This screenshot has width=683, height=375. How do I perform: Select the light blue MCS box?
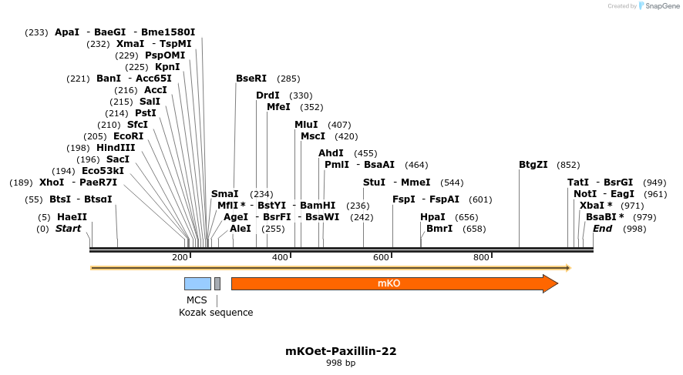[197, 283]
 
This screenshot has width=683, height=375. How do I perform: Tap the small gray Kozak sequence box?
[217, 283]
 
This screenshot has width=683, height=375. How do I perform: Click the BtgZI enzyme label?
[533, 165]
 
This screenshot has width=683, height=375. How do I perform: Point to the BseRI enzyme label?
[251, 79]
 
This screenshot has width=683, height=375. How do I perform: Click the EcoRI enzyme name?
[129, 136]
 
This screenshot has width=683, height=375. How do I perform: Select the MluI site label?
[307, 125]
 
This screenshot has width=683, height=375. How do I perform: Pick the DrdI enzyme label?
[267, 95]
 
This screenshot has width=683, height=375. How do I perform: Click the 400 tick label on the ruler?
[280, 257]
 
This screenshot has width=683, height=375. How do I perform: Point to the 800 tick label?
[481, 257]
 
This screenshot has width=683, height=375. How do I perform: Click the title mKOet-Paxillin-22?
[341, 351]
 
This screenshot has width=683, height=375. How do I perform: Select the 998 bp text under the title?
[341, 363]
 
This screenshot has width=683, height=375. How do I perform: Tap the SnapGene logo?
[659, 6]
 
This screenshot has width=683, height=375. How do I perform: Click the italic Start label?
[68, 229]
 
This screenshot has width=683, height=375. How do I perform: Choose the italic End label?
[603, 229]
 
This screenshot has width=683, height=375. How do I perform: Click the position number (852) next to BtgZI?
[568, 165]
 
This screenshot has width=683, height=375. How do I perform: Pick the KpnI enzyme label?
[167, 67]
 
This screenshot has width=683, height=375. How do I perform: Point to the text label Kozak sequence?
[216, 313]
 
